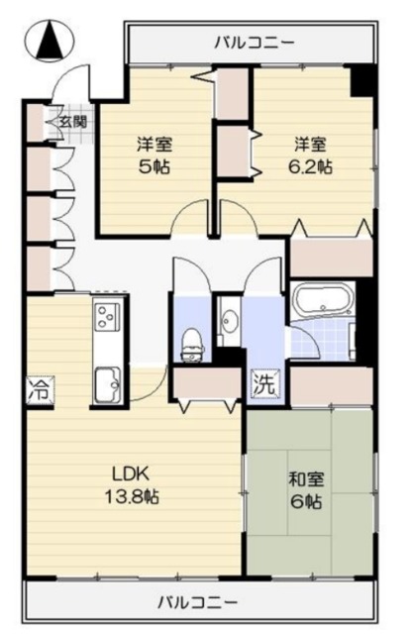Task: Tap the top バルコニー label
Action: click(255, 43)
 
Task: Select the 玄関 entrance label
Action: click(71, 122)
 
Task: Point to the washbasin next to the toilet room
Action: click(230, 321)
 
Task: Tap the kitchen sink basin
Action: click(106, 380)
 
